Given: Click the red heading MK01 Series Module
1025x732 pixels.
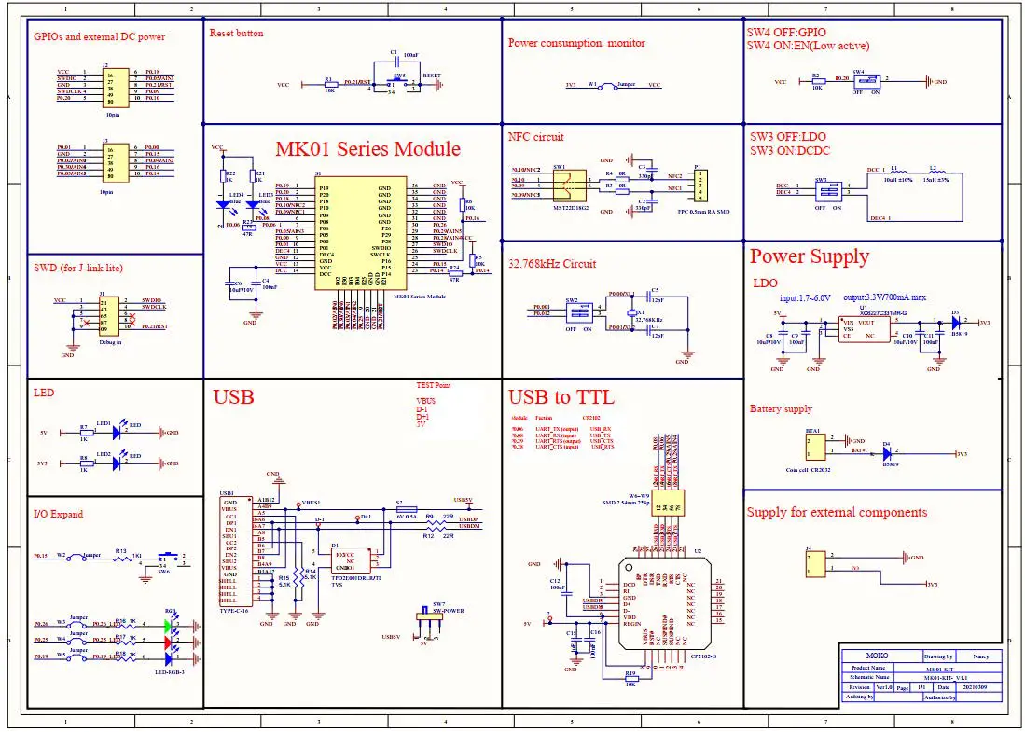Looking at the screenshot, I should pyautogui.click(x=367, y=149).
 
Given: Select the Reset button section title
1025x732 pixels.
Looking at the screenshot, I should pyautogui.click(x=236, y=33).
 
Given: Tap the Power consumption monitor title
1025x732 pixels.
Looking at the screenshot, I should pyautogui.click(x=575, y=43).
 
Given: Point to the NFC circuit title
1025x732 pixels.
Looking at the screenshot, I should pyautogui.click(x=535, y=137).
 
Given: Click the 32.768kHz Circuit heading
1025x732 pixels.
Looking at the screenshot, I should pyautogui.click(x=552, y=264).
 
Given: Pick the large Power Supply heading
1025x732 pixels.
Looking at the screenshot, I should pyautogui.click(x=809, y=256).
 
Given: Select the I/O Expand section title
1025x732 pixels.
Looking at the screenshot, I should pyautogui.click(x=58, y=514).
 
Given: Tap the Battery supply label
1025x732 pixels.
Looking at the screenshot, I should pyautogui.click(x=781, y=408).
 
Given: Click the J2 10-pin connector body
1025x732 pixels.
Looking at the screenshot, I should pyautogui.click(x=111, y=85).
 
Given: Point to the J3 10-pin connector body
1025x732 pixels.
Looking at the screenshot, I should pyautogui.click(x=111, y=160).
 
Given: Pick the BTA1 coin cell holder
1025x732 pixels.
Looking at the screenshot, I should pyautogui.click(x=816, y=447).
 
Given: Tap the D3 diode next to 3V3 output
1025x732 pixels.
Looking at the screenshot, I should pyautogui.click(x=955, y=322).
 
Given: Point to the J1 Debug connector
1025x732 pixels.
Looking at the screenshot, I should pyautogui.click(x=108, y=314).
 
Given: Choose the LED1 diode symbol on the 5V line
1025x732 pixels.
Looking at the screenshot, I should pyautogui.click(x=116, y=432).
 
